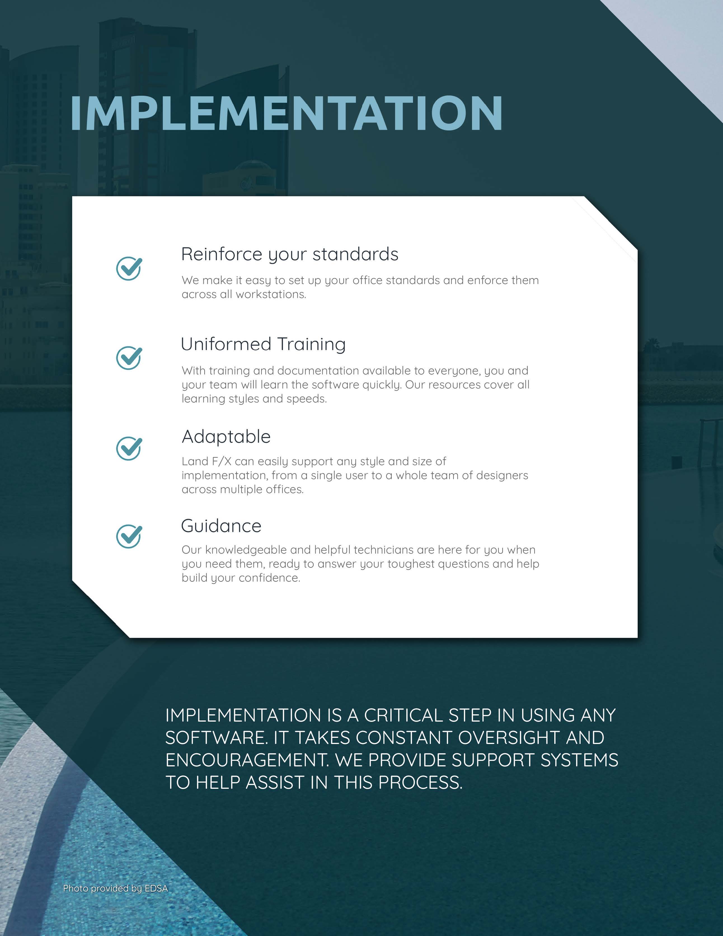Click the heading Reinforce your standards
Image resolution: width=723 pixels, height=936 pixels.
coord(290,254)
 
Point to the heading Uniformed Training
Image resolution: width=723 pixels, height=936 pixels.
coord(263,345)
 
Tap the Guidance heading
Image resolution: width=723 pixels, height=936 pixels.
coord(221,526)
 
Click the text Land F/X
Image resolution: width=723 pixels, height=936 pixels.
coord(206,462)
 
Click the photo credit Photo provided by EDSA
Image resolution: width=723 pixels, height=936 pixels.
coord(115,888)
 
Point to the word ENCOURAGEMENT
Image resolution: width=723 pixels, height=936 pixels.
coord(247,760)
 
